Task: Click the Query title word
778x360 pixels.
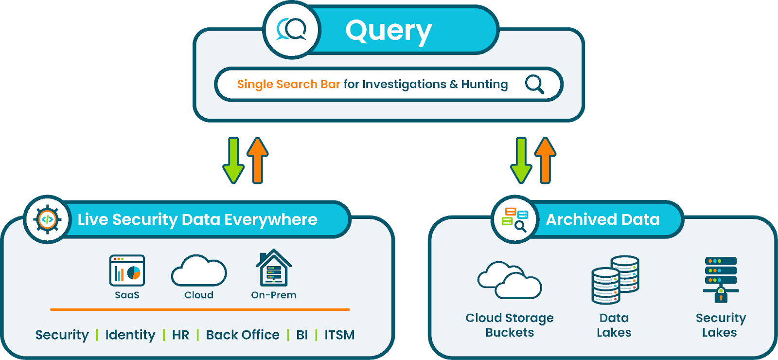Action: [x=388, y=31]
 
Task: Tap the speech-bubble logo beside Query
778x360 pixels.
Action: [x=292, y=30]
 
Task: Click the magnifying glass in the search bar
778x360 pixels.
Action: [x=534, y=84]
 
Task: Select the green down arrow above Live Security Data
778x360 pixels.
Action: [x=233, y=160]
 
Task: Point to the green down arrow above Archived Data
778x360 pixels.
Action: [x=521, y=160]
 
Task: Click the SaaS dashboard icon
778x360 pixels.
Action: [x=127, y=270]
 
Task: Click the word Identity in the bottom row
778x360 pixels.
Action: [x=130, y=335]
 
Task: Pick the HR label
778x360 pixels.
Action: [x=180, y=335]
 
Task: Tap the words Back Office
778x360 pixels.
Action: [x=243, y=335]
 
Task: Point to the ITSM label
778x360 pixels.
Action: [x=339, y=335]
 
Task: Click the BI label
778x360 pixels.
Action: [x=302, y=335]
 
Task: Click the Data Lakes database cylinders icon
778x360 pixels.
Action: [x=615, y=280]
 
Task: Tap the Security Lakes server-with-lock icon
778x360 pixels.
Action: [x=721, y=279]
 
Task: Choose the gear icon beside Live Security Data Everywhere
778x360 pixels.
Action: [x=47, y=219]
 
